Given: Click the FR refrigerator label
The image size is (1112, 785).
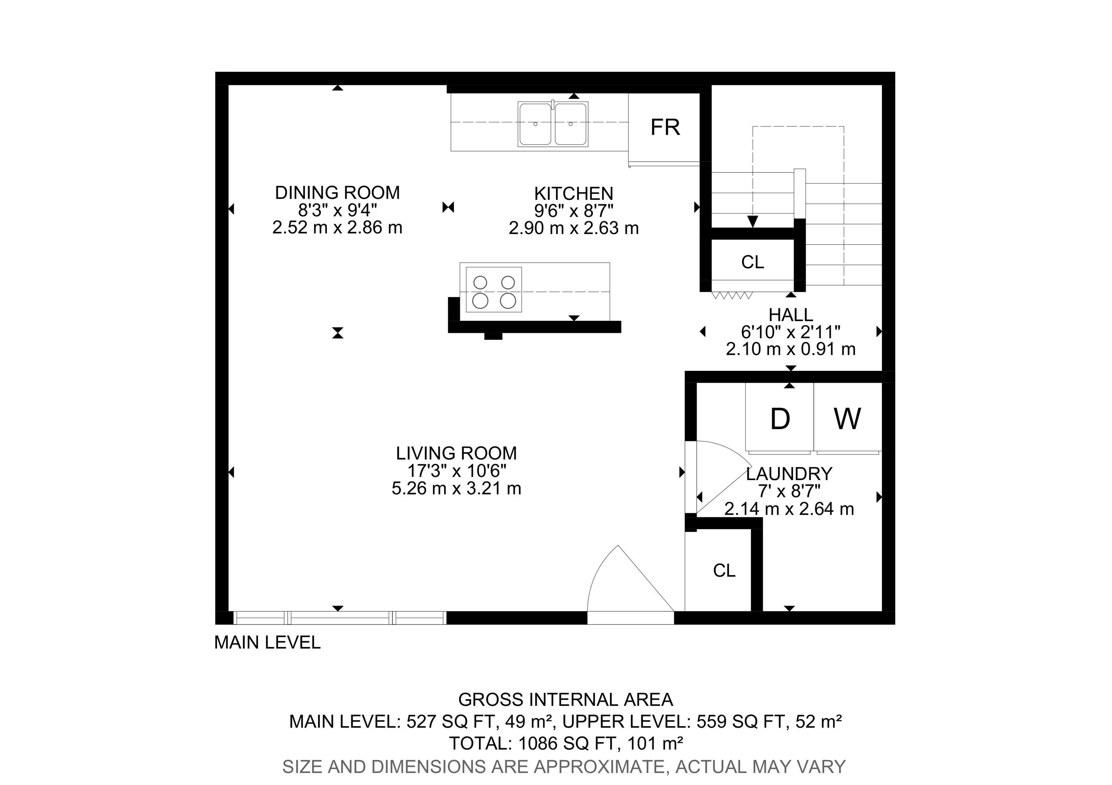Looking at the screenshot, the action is click(x=665, y=127).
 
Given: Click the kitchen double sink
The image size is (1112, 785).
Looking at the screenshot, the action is click(x=553, y=124).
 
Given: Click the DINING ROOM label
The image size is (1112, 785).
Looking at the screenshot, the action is click(x=338, y=192).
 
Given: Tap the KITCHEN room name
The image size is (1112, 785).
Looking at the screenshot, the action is click(x=574, y=194).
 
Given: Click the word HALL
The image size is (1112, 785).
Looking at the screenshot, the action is click(x=791, y=315).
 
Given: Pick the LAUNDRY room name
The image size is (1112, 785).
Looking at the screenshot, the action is click(x=789, y=473).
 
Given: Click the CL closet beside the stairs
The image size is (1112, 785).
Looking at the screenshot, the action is click(x=753, y=262).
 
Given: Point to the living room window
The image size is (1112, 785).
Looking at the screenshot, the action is click(x=340, y=618).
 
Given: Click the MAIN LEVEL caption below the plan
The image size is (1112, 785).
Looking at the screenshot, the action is click(x=268, y=642).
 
